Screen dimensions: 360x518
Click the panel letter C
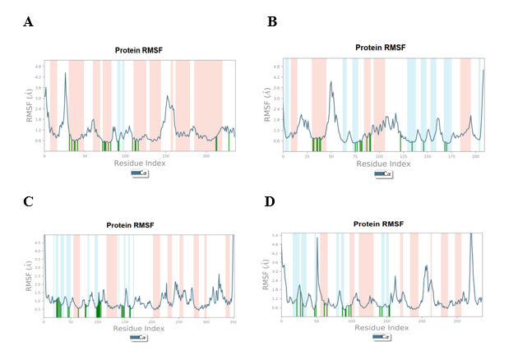(x=29, y=200)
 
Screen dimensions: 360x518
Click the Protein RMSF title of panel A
(x=139, y=50)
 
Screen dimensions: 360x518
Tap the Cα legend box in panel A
(x=139, y=173)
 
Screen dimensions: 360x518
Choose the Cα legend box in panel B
(x=382, y=173)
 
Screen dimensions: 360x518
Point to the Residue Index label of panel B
(x=382, y=164)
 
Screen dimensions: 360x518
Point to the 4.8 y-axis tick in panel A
(x=38, y=65)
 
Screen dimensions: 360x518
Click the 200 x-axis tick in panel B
(x=475, y=156)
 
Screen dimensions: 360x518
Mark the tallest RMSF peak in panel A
(x=65, y=75)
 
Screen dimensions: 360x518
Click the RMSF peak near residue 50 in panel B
(x=331, y=82)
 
